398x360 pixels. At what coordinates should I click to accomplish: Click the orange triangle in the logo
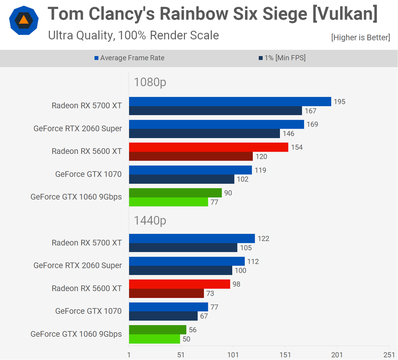[x=24, y=20]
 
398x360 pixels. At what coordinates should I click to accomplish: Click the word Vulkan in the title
[x=345, y=14]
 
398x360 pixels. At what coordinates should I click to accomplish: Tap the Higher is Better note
[x=361, y=37]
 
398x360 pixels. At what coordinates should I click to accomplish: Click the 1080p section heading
[x=150, y=82]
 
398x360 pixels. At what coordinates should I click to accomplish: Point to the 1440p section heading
[x=150, y=220]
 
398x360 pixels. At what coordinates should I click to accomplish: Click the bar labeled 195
[x=230, y=102]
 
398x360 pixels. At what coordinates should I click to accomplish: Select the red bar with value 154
[x=209, y=147]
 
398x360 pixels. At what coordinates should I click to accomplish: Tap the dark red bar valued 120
[x=191, y=156]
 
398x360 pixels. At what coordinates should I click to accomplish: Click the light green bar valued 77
[x=168, y=202]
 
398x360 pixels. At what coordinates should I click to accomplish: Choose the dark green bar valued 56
[x=158, y=329]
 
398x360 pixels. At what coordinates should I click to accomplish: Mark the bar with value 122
[x=192, y=238]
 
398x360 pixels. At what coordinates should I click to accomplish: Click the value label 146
[x=289, y=133]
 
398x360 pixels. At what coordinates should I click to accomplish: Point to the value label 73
[x=210, y=293]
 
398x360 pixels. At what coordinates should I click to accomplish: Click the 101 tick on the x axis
[x=233, y=355]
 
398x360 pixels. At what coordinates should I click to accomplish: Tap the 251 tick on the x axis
[x=389, y=355]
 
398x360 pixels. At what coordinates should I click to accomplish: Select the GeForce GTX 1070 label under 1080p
[x=88, y=174]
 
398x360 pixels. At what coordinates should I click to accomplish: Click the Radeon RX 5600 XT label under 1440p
[x=87, y=288]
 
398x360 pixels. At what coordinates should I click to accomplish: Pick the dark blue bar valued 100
[x=180, y=270]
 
